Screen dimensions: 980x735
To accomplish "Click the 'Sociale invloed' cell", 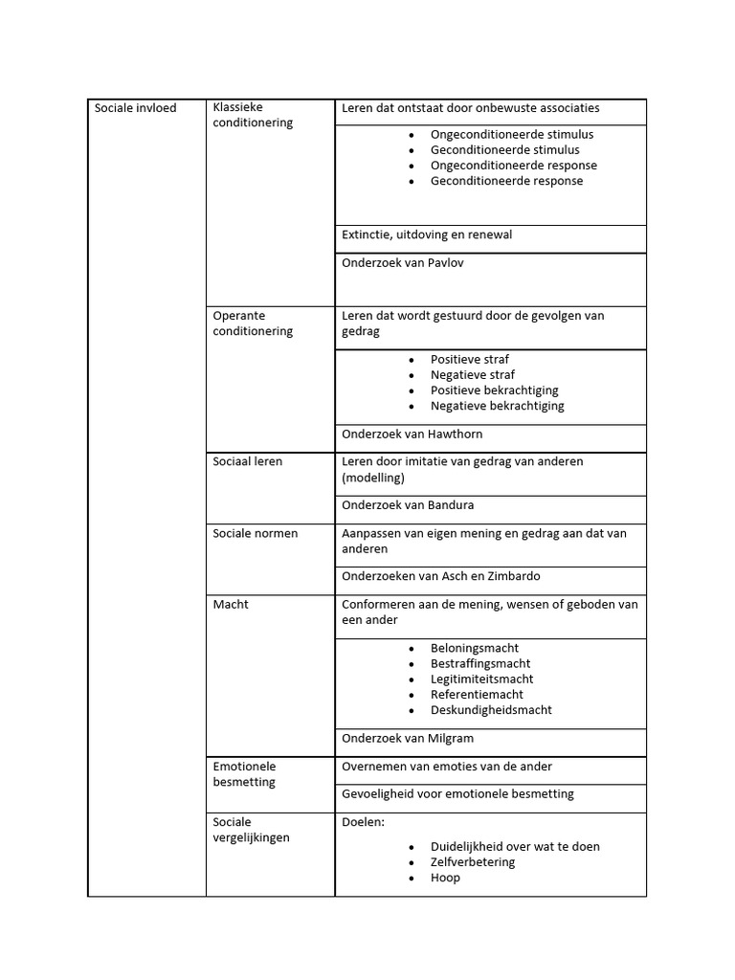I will [x=135, y=108].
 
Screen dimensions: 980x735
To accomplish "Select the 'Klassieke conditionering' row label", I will [x=253, y=115].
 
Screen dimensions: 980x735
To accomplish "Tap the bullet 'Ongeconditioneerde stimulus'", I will [x=512, y=135].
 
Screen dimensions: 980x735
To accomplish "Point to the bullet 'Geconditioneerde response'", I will [x=506, y=181].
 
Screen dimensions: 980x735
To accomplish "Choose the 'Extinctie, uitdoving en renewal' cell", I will [x=434, y=234].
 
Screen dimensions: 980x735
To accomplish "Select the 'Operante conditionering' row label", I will [x=253, y=323].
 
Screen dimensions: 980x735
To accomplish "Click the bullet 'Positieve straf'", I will [x=469, y=360].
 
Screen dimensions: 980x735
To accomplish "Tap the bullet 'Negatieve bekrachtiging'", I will [x=497, y=406].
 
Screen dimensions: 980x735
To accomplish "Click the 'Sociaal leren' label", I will [x=247, y=461].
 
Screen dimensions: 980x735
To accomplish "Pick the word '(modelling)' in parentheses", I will [x=373, y=477].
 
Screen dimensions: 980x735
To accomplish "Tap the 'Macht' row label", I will [x=231, y=605].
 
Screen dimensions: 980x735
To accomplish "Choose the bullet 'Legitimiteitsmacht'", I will [x=481, y=679].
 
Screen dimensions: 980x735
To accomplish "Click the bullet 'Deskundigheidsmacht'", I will [x=491, y=710].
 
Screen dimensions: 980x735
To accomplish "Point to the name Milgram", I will [x=449, y=739].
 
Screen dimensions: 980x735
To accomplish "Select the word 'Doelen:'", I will [x=363, y=822].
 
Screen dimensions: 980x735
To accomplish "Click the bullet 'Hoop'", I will [x=445, y=878].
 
